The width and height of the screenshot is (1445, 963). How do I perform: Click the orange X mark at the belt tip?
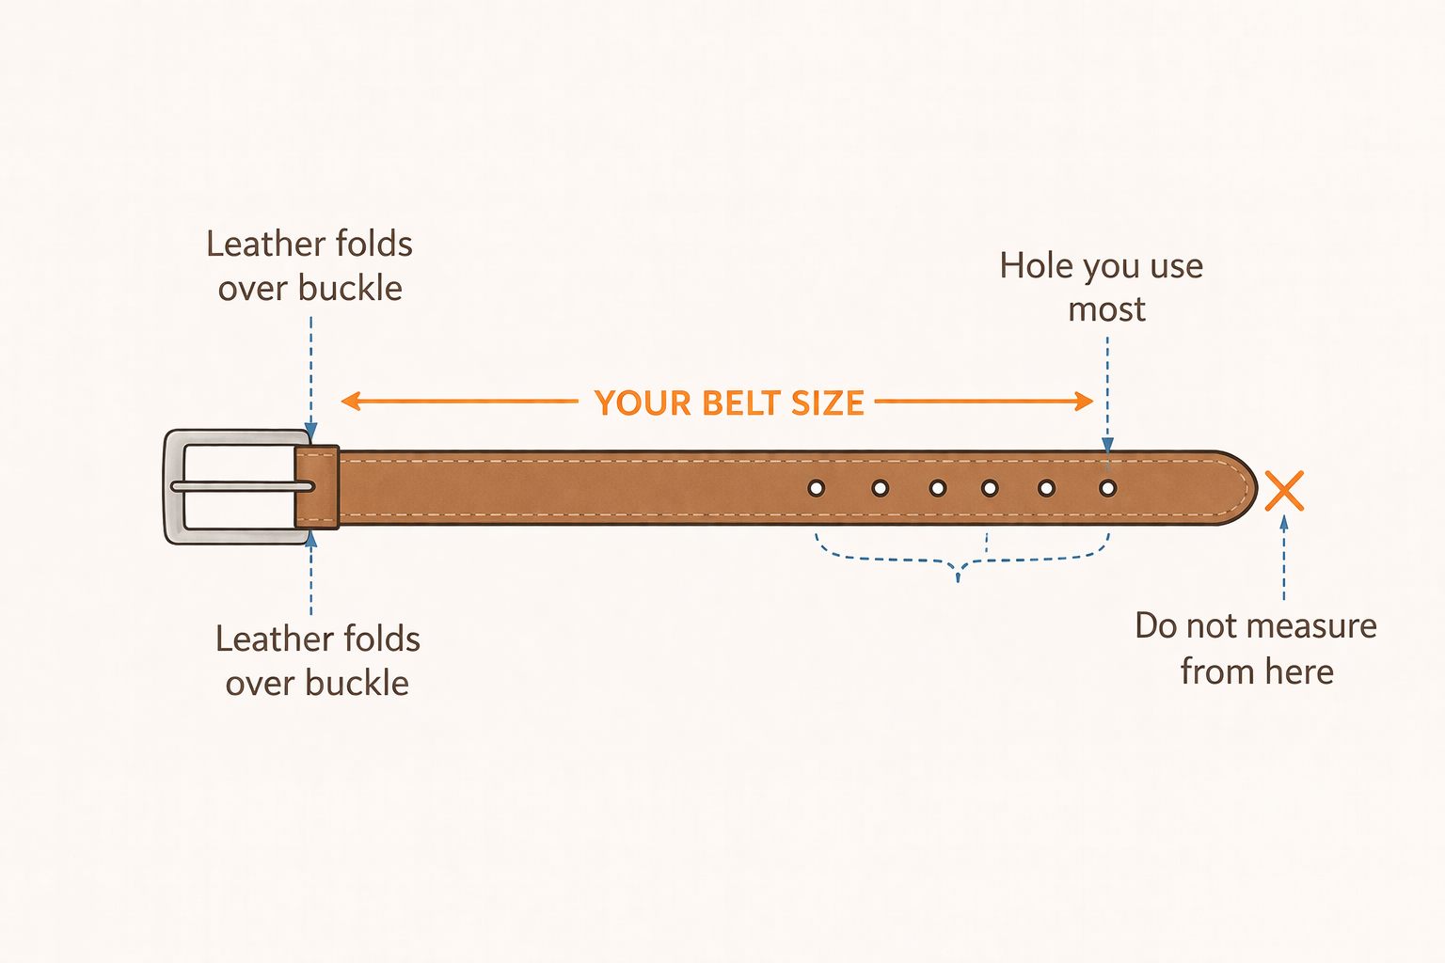point(1284,491)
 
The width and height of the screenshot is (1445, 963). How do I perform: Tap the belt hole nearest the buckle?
point(817,488)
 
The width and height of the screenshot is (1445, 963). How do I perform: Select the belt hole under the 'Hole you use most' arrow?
point(1108,488)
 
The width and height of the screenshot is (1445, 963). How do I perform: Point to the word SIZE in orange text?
point(828,403)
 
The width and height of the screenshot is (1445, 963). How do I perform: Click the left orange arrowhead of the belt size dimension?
point(349,402)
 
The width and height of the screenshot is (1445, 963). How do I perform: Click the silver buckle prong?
point(243,486)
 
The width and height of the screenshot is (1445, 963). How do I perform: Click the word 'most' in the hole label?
point(1106,310)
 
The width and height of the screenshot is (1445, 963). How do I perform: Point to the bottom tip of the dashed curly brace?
point(958,577)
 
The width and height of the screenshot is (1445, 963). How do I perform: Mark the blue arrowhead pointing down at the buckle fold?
point(311,432)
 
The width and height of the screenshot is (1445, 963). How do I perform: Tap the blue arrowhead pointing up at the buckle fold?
point(311,540)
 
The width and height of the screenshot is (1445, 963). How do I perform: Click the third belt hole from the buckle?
point(937,488)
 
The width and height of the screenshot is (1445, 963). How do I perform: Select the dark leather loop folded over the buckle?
point(317,486)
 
